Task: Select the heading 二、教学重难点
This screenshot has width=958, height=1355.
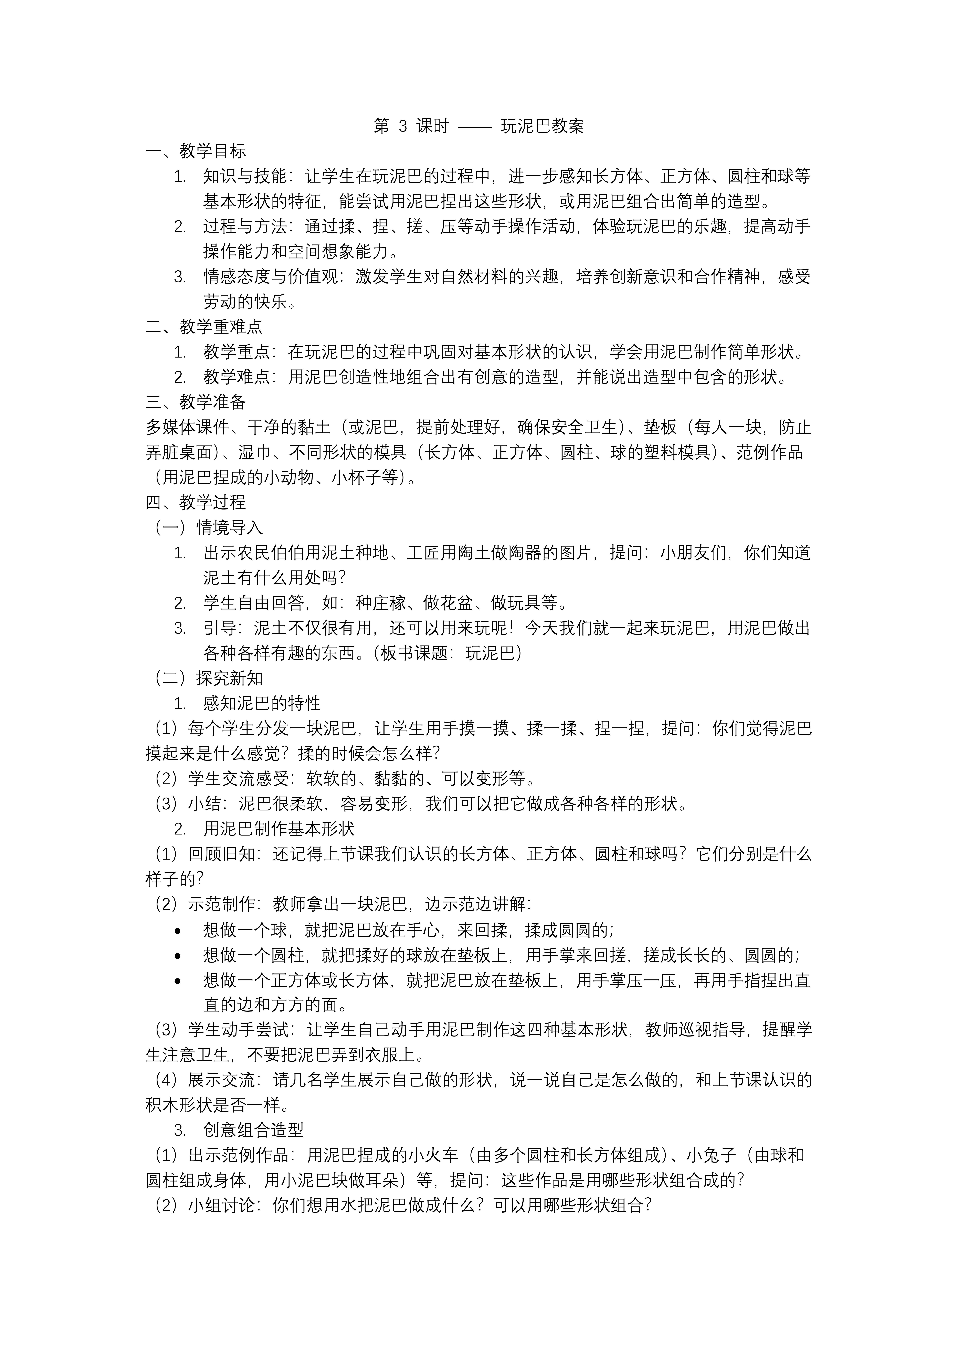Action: pyautogui.click(x=204, y=326)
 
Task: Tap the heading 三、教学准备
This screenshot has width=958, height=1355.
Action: pyautogui.click(x=195, y=402)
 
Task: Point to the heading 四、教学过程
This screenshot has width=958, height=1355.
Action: pyautogui.click(x=195, y=502)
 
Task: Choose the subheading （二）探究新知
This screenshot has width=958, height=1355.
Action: pyautogui.click(x=208, y=678)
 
